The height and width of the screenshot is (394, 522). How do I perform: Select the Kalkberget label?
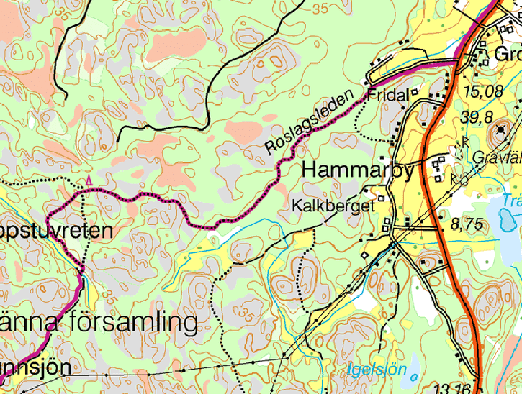point(334,206)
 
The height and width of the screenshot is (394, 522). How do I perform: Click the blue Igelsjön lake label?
point(377,371)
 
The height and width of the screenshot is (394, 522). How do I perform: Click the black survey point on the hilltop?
point(500,129)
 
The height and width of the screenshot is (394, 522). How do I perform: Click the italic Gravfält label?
point(498,157)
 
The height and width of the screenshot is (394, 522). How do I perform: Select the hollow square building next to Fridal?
point(415,92)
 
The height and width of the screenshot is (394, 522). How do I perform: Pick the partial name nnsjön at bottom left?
point(35,367)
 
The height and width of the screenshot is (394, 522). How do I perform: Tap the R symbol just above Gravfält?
point(466,142)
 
